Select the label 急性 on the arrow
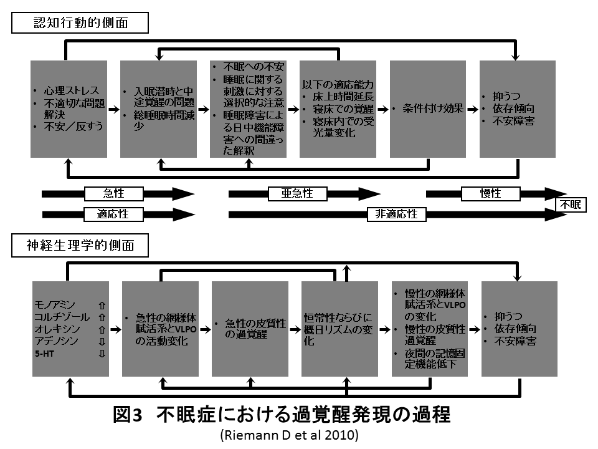(x=114, y=194)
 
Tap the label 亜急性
(x=298, y=194)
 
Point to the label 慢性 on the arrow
(x=490, y=194)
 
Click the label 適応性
(x=113, y=214)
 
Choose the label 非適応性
(x=396, y=214)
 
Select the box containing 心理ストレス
(x=69, y=109)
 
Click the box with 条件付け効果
(x=428, y=109)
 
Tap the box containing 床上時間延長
(x=338, y=109)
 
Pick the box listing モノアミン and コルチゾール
(x=70, y=329)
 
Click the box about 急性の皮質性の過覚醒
(x=250, y=329)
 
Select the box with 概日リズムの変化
(x=339, y=329)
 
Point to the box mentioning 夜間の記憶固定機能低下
(x=429, y=329)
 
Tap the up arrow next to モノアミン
(x=102, y=306)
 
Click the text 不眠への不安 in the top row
(x=247, y=67)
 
